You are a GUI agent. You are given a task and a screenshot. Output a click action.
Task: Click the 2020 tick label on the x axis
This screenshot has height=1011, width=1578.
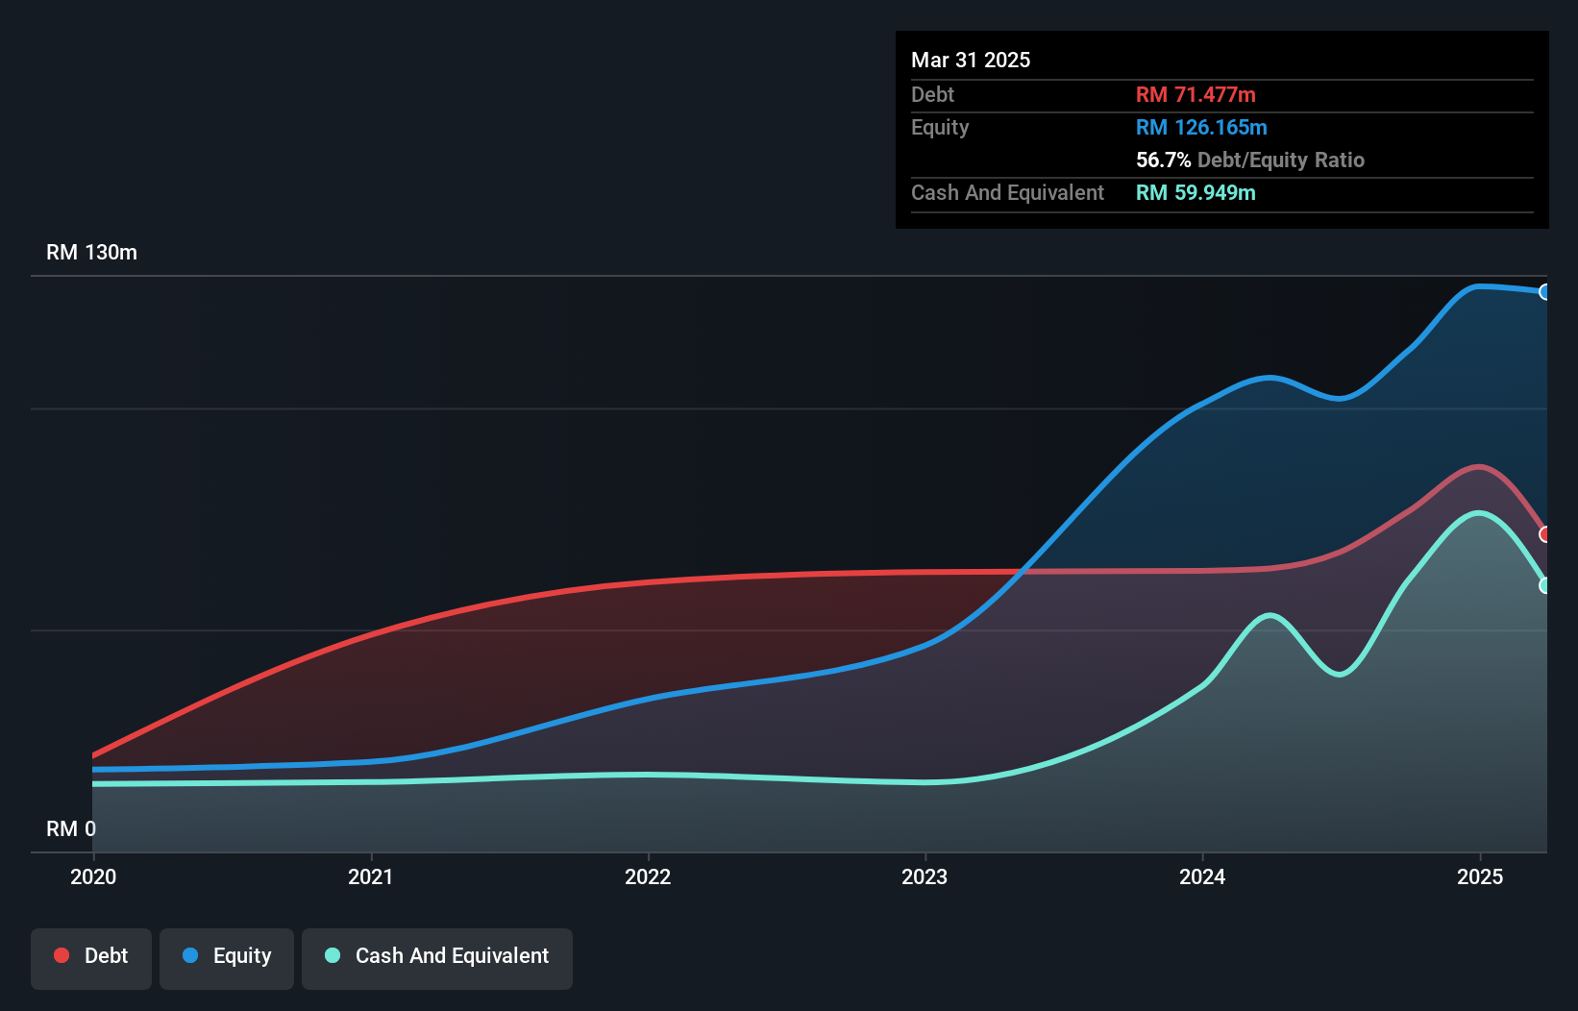(93, 876)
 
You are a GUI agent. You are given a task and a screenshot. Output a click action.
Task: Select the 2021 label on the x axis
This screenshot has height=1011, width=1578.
(371, 876)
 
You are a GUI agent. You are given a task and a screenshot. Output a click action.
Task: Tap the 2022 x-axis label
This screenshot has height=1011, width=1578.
(648, 876)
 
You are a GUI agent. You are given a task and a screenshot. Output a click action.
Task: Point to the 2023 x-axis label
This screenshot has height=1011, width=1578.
(925, 876)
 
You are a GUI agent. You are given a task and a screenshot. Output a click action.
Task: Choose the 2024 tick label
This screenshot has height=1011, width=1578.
(1202, 876)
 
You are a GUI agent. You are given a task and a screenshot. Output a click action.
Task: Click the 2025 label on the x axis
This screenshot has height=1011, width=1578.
(1480, 876)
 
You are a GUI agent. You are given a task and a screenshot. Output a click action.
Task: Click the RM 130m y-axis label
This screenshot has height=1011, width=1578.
(91, 253)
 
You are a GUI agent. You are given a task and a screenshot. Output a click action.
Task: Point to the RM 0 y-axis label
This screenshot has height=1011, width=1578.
(71, 828)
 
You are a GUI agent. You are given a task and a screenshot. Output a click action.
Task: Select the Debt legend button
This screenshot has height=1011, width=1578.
(91, 956)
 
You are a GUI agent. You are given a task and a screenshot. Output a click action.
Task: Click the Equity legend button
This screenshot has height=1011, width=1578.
(227, 956)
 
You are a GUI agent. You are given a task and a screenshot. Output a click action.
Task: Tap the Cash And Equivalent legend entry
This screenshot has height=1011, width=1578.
(437, 956)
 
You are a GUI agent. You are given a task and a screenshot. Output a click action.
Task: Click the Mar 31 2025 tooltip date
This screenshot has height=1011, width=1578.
(971, 61)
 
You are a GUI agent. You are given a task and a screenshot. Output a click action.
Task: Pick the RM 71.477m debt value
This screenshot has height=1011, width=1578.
(1196, 95)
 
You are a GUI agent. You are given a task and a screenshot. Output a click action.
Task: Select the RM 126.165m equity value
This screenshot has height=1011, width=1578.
(1201, 128)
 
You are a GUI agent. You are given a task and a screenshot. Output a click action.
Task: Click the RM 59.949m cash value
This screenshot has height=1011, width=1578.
(1196, 193)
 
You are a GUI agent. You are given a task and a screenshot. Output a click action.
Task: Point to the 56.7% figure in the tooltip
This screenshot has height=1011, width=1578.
(1163, 160)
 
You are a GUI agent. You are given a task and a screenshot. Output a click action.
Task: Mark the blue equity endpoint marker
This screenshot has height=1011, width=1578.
(1544, 292)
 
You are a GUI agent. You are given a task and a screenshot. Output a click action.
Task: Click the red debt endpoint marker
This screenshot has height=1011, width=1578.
(1544, 534)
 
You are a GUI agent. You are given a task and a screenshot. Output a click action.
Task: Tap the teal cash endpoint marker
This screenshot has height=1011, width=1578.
(1544, 585)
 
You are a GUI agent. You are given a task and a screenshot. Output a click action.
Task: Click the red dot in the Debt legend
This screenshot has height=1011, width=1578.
(62, 955)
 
